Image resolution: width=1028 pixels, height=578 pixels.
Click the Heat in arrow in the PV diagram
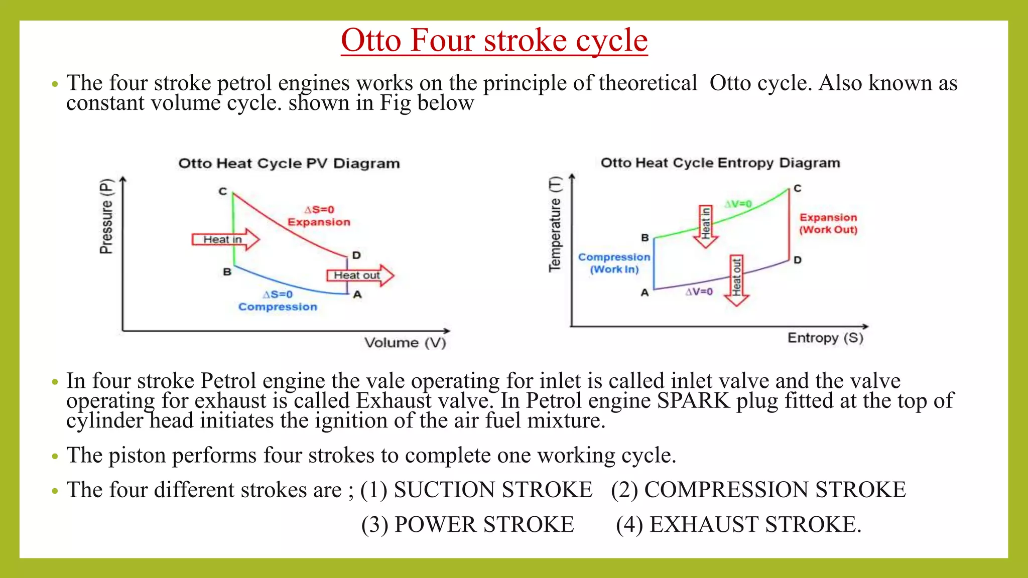tap(225, 239)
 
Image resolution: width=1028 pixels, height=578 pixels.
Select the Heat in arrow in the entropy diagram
tap(706, 226)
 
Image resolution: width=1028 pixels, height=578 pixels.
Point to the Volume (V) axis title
tap(405, 343)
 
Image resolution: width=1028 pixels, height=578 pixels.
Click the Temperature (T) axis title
tap(555, 224)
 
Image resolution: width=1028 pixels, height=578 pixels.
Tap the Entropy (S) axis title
tap(825, 338)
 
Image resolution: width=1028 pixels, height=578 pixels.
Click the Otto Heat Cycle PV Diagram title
tap(289, 164)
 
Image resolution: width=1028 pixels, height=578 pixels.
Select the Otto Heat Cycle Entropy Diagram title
tap(720, 163)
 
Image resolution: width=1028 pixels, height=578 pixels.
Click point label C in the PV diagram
tap(223, 191)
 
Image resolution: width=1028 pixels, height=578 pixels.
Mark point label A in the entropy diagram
tap(645, 293)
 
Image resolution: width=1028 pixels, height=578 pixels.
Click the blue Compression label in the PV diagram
tap(278, 307)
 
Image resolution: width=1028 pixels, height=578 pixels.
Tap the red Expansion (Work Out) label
tap(828, 224)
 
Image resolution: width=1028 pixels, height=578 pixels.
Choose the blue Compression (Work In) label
tap(614, 263)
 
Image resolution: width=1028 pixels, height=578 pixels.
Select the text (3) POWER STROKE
tap(467, 525)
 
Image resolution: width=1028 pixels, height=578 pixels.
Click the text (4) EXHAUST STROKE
tap(738, 525)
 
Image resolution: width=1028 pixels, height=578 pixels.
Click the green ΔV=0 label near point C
tap(738, 204)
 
